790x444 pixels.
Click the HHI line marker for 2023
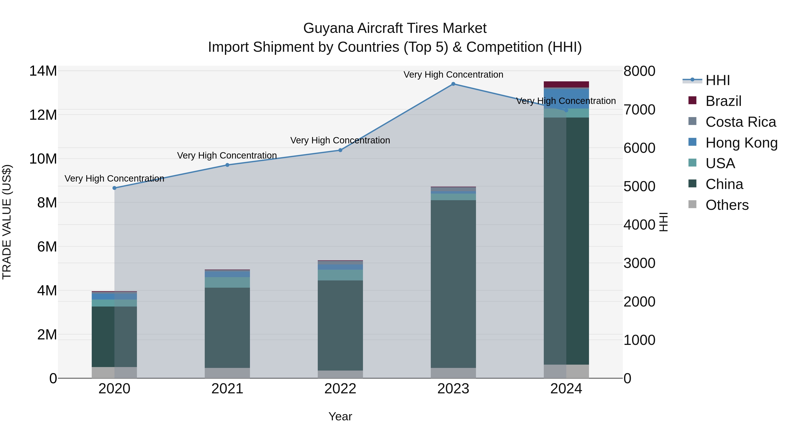tap(453, 84)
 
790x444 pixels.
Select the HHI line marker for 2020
tap(114, 188)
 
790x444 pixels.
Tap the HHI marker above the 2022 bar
tap(340, 150)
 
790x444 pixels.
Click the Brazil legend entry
tap(723, 101)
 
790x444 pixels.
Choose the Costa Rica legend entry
tap(740, 122)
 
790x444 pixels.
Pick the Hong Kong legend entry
tap(741, 143)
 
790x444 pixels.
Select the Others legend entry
tap(727, 205)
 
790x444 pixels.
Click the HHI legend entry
tap(717, 80)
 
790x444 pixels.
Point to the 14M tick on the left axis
tap(43, 71)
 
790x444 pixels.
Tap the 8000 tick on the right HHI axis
tap(639, 71)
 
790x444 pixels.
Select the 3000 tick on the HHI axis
tap(639, 263)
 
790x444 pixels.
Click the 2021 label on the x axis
tap(227, 389)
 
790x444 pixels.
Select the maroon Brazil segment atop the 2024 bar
tap(566, 84)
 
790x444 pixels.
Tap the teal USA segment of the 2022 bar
tap(340, 275)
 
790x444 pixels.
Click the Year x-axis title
tap(340, 416)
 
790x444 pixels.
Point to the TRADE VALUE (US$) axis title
tap(7, 222)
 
